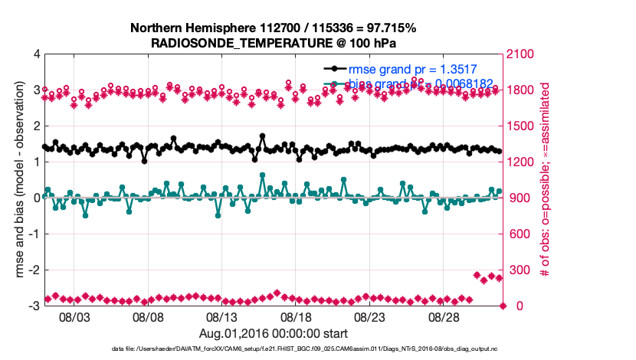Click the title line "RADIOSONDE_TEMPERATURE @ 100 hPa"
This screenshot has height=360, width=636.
pos(274,43)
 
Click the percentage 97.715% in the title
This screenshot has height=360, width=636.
pos(388,28)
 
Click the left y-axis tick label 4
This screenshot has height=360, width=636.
pos(37,54)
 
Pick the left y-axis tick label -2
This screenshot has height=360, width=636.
pos(35,270)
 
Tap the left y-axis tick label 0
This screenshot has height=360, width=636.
pos(37,198)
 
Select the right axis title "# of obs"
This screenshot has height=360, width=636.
pos(545,180)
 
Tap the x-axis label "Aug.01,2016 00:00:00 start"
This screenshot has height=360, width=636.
pos(274,333)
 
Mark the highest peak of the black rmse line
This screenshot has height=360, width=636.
pos(262,136)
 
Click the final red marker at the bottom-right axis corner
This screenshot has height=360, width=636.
pos(503,306)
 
